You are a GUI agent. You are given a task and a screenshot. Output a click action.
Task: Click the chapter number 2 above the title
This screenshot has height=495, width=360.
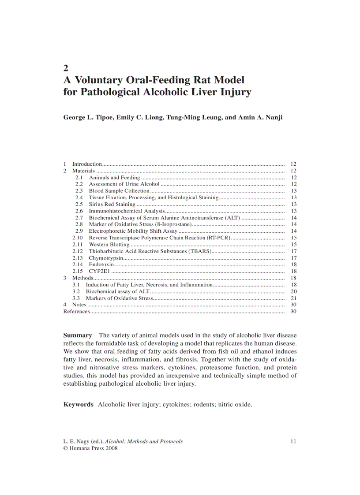(66, 68)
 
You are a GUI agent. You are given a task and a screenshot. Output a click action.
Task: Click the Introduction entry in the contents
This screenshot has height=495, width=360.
(87, 164)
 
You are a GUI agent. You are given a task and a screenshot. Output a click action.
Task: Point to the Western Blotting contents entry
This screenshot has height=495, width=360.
(109, 245)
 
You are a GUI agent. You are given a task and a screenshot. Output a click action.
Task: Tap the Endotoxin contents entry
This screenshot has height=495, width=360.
(101, 264)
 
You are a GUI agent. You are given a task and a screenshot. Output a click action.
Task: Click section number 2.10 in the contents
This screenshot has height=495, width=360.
(78, 238)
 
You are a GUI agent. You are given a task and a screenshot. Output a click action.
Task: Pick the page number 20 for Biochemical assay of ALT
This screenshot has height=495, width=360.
(294, 291)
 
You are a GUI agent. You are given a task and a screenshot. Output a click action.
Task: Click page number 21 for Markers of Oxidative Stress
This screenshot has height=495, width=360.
(294, 298)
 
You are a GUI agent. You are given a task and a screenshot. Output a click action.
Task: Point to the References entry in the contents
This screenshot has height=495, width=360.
(77, 312)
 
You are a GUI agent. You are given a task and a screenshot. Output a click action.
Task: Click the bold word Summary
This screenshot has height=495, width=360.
(78, 335)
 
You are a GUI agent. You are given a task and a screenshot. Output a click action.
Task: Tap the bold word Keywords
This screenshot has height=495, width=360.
(79, 404)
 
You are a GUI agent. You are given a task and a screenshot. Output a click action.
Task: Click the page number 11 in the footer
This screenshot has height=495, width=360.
(294, 441)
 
